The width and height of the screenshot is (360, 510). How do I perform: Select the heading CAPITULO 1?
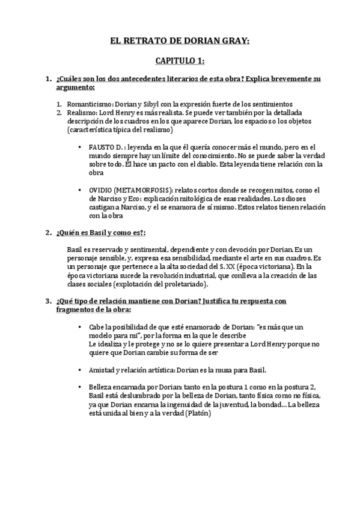tap(180, 61)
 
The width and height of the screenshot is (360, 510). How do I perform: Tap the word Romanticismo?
tap(88, 103)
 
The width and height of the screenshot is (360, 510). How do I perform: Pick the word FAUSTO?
tap(102, 147)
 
